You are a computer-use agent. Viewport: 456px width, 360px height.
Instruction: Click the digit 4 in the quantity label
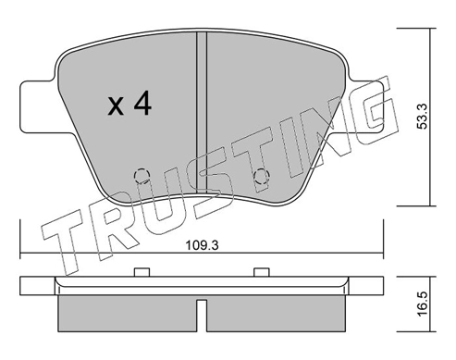click(x=142, y=106)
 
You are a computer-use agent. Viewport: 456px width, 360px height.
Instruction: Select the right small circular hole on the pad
click(x=261, y=174)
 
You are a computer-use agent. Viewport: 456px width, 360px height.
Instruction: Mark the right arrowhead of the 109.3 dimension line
click(x=381, y=254)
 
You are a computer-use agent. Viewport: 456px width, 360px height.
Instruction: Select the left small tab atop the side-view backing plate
click(x=142, y=271)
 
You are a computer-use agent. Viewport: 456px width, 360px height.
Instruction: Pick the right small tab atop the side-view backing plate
click(x=261, y=271)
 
